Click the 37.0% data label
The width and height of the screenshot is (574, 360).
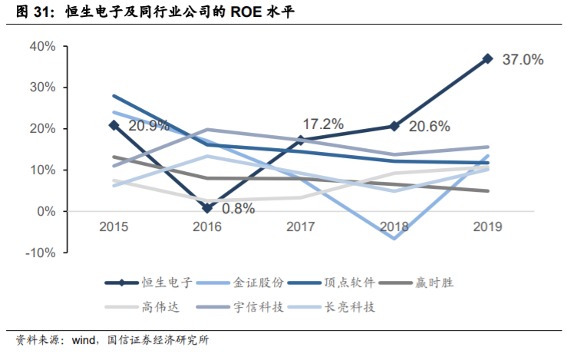(523, 59)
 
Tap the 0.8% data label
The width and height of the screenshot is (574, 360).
(238, 208)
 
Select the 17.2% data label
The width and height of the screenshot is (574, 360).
(323, 124)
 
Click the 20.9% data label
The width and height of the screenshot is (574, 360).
(149, 126)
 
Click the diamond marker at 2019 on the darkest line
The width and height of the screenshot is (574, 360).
(487, 58)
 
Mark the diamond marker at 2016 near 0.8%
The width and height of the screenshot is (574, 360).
(207, 208)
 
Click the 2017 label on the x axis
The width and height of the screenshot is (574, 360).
(301, 226)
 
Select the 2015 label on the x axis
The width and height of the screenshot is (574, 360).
(114, 226)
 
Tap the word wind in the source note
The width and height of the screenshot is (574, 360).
(86, 341)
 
